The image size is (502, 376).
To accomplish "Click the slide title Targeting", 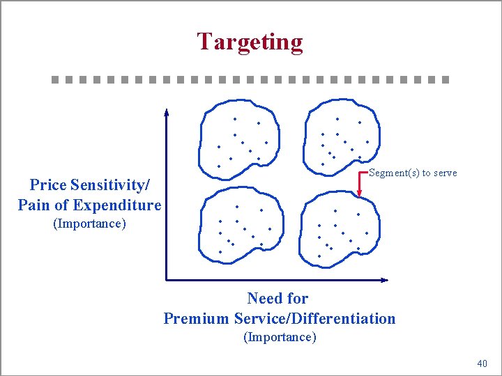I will click(x=250, y=42).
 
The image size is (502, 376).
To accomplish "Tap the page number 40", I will click(x=482, y=363).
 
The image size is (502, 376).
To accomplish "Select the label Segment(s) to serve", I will click(x=413, y=173).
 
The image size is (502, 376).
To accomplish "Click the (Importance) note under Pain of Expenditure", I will click(x=89, y=224).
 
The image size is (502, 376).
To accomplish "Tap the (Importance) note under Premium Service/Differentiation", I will click(x=279, y=337).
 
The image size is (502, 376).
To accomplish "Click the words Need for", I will click(x=277, y=299).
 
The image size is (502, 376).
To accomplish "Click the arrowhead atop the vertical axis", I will click(x=166, y=111).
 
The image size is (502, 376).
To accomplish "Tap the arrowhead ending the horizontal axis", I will click(x=385, y=280).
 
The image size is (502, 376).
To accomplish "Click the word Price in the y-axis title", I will click(x=47, y=185).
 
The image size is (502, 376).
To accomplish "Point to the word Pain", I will click(x=32, y=205).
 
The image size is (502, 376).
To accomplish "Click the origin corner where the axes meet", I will click(x=167, y=280).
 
